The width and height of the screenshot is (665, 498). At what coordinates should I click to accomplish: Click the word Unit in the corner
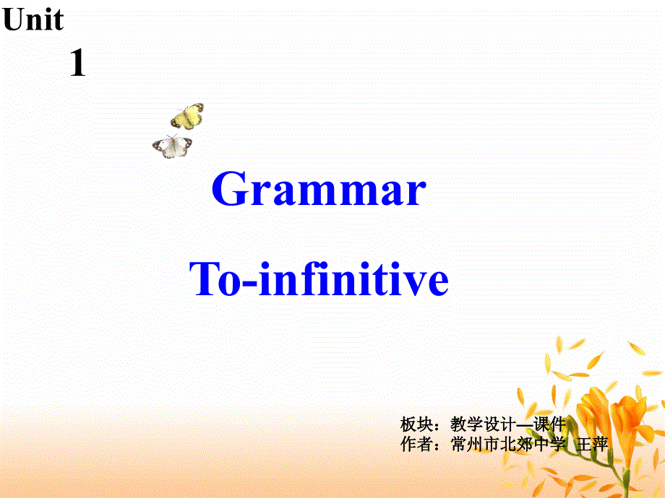33,20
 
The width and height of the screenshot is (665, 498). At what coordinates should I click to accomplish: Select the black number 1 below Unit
77,64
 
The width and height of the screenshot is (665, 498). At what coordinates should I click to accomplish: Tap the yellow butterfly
187,115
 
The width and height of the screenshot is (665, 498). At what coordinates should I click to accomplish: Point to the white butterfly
172,146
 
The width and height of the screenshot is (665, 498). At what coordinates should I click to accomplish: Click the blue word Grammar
319,191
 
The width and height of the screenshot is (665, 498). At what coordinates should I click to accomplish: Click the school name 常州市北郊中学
506,444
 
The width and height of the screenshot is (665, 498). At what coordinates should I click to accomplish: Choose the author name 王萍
593,444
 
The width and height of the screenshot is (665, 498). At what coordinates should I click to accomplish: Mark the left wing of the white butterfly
163,147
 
